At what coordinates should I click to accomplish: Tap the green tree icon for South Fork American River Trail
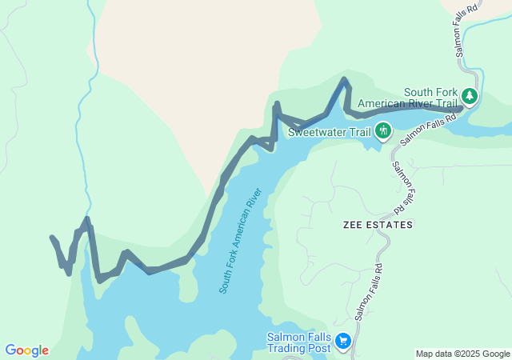470,98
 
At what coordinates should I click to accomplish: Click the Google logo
26,350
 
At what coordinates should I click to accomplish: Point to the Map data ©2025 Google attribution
462,354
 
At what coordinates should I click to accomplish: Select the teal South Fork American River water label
241,241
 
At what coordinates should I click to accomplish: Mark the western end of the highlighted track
52,238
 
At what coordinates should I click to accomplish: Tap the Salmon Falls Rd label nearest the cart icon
367,293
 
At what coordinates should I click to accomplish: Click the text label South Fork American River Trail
408,98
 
